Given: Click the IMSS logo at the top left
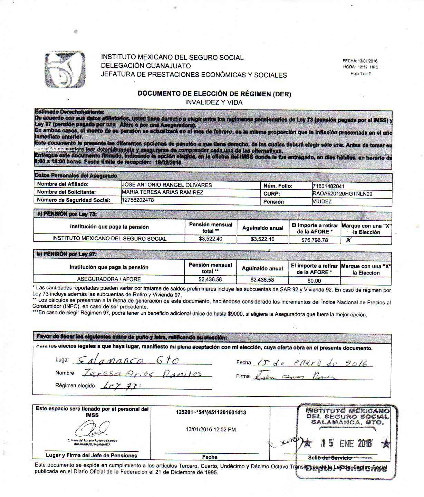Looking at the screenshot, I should [65, 69].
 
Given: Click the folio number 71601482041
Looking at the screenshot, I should [328, 186].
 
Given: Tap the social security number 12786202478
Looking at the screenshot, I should [138, 200].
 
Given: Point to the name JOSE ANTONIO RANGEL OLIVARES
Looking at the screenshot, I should [167, 185].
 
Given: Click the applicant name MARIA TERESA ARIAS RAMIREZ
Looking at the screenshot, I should [163, 192].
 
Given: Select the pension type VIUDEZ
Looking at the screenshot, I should [322, 201].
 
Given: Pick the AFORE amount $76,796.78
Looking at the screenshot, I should [315, 240].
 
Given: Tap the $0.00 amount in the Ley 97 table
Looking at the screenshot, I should [314, 280].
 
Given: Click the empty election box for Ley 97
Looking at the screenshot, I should [366, 280].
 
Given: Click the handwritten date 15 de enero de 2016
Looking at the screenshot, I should [309, 362].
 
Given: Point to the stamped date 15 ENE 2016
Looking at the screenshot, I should [345, 443].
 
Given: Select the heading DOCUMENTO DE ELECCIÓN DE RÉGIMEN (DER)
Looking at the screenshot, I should [214, 94].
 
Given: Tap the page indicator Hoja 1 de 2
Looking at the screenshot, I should [360, 74].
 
